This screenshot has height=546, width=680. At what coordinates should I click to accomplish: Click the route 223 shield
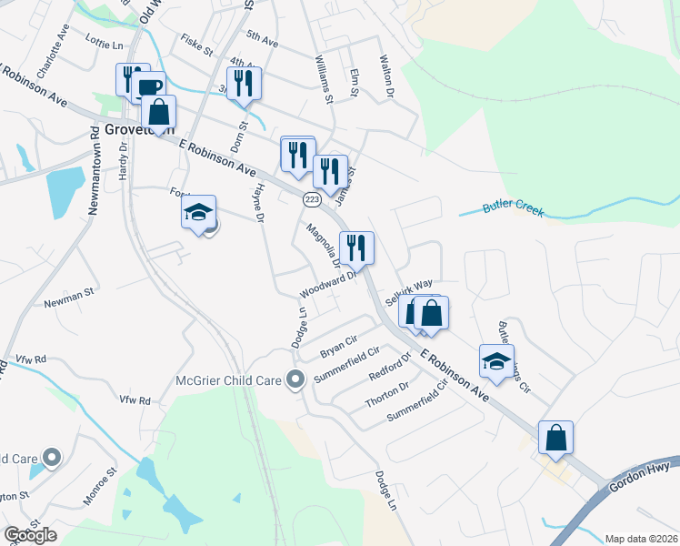pyautogui.click(x=313, y=199)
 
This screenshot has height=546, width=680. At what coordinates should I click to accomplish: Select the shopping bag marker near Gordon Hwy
pyautogui.click(x=555, y=438)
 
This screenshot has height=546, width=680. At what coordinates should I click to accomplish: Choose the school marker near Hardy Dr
pyautogui.click(x=199, y=213)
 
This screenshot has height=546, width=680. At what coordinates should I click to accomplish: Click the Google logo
pyautogui.click(x=30, y=535)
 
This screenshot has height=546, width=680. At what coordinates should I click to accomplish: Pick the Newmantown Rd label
pyautogui.click(x=94, y=169)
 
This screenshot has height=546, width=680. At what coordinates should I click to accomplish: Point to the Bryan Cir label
pyautogui.click(x=337, y=348)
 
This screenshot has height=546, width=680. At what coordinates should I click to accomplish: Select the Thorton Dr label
pyautogui.click(x=386, y=393)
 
